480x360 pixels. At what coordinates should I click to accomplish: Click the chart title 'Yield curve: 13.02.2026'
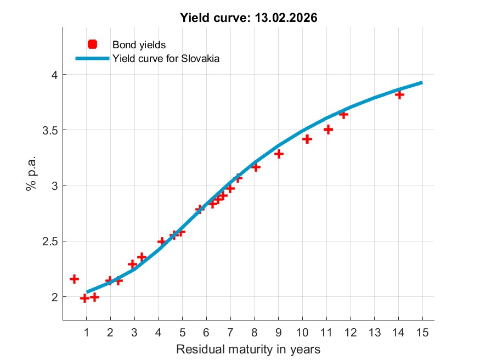[x=249, y=18]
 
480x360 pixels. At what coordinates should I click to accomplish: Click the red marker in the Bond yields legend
[x=92, y=44]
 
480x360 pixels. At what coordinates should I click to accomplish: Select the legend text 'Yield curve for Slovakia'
[x=166, y=58]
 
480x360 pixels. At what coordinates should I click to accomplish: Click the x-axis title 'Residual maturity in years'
[x=248, y=348]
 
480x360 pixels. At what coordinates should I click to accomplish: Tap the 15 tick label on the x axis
[x=422, y=332]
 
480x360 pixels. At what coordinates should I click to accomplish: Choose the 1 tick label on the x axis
[x=86, y=332]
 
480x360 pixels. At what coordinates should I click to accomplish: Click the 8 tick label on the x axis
[x=255, y=332]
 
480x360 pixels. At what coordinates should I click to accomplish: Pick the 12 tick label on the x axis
[x=351, y=332]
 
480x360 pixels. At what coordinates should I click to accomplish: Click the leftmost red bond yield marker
[x=74, y=279]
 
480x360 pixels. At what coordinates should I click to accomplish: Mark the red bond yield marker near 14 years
[x=399, y=95]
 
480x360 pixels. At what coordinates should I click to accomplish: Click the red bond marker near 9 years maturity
[x=279, y=154]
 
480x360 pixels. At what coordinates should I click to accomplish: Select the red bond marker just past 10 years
[x=307, y=139]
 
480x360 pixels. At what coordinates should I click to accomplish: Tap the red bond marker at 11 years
[x=328, y=130]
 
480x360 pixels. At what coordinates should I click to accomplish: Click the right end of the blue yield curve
[x=422, y=82]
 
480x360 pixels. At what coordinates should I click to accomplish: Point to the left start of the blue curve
[x=87, y=292]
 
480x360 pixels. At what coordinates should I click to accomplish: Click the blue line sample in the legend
[x=92, y=58]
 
